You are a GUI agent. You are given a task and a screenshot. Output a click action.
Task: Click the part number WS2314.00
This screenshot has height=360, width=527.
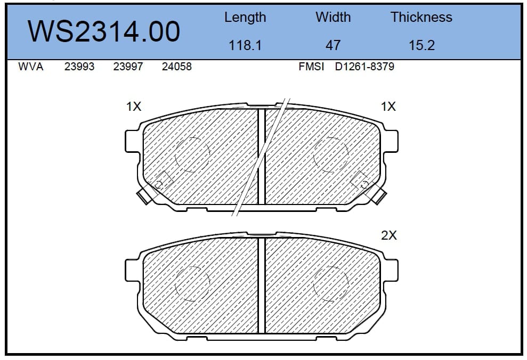[104, 31]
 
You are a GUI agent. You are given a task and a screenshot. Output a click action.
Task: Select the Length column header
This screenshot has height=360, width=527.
[245, 18]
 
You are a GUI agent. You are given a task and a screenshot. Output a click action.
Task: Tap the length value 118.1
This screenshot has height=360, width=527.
[245, 45]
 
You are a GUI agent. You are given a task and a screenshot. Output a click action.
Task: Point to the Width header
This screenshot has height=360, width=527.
[333, 17]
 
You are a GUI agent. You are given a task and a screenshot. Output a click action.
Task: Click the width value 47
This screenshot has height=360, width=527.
[333, 45]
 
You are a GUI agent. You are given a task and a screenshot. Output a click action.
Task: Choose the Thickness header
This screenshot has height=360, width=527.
[421, 17]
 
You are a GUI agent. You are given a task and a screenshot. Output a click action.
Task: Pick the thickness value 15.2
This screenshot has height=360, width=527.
[422, 45]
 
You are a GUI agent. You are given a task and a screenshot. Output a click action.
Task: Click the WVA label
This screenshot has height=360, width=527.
[31, 67]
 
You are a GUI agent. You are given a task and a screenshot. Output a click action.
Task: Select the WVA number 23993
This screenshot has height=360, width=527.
[79, 67]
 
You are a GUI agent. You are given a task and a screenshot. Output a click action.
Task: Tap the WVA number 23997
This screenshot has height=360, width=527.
[128, 67]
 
